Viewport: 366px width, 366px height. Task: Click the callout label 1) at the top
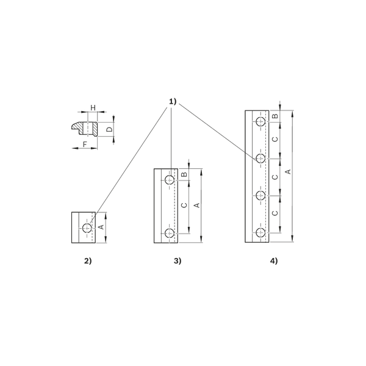(x=173, y=101)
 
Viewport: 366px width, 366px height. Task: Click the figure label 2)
(x=88, y=260)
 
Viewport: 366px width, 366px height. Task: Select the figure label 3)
(x=178, y=260)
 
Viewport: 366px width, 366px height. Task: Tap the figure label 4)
(x=274, y=260)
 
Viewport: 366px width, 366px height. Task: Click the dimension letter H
(x=93, y=108)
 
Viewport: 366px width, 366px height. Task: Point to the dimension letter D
(x=109, y=129)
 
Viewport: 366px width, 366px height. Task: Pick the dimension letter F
(x=85, y=144)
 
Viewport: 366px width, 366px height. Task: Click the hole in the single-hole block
(x=87, y=228)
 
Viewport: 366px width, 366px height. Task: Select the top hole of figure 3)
(x=170, y=180)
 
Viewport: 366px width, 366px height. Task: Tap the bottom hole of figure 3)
(x=170, y=233)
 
